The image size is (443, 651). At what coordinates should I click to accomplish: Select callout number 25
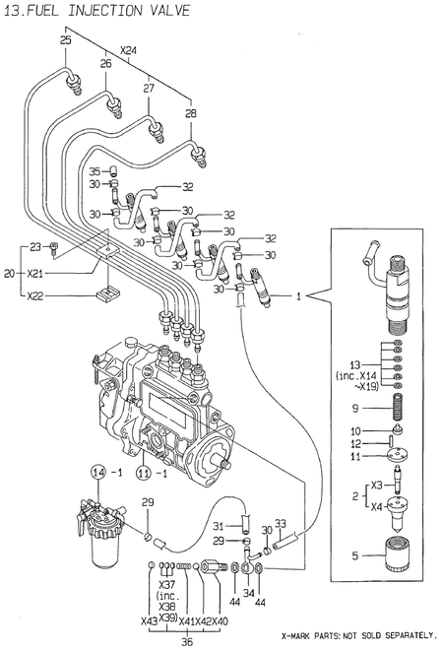66,41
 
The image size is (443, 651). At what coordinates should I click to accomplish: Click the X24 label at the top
128,51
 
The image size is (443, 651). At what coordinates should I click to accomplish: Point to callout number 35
95,171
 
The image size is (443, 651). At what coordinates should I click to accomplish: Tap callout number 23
34,246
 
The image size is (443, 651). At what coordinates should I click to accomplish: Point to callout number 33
280,523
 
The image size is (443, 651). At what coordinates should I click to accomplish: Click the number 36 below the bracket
188,642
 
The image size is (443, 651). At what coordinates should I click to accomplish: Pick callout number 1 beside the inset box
299,293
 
